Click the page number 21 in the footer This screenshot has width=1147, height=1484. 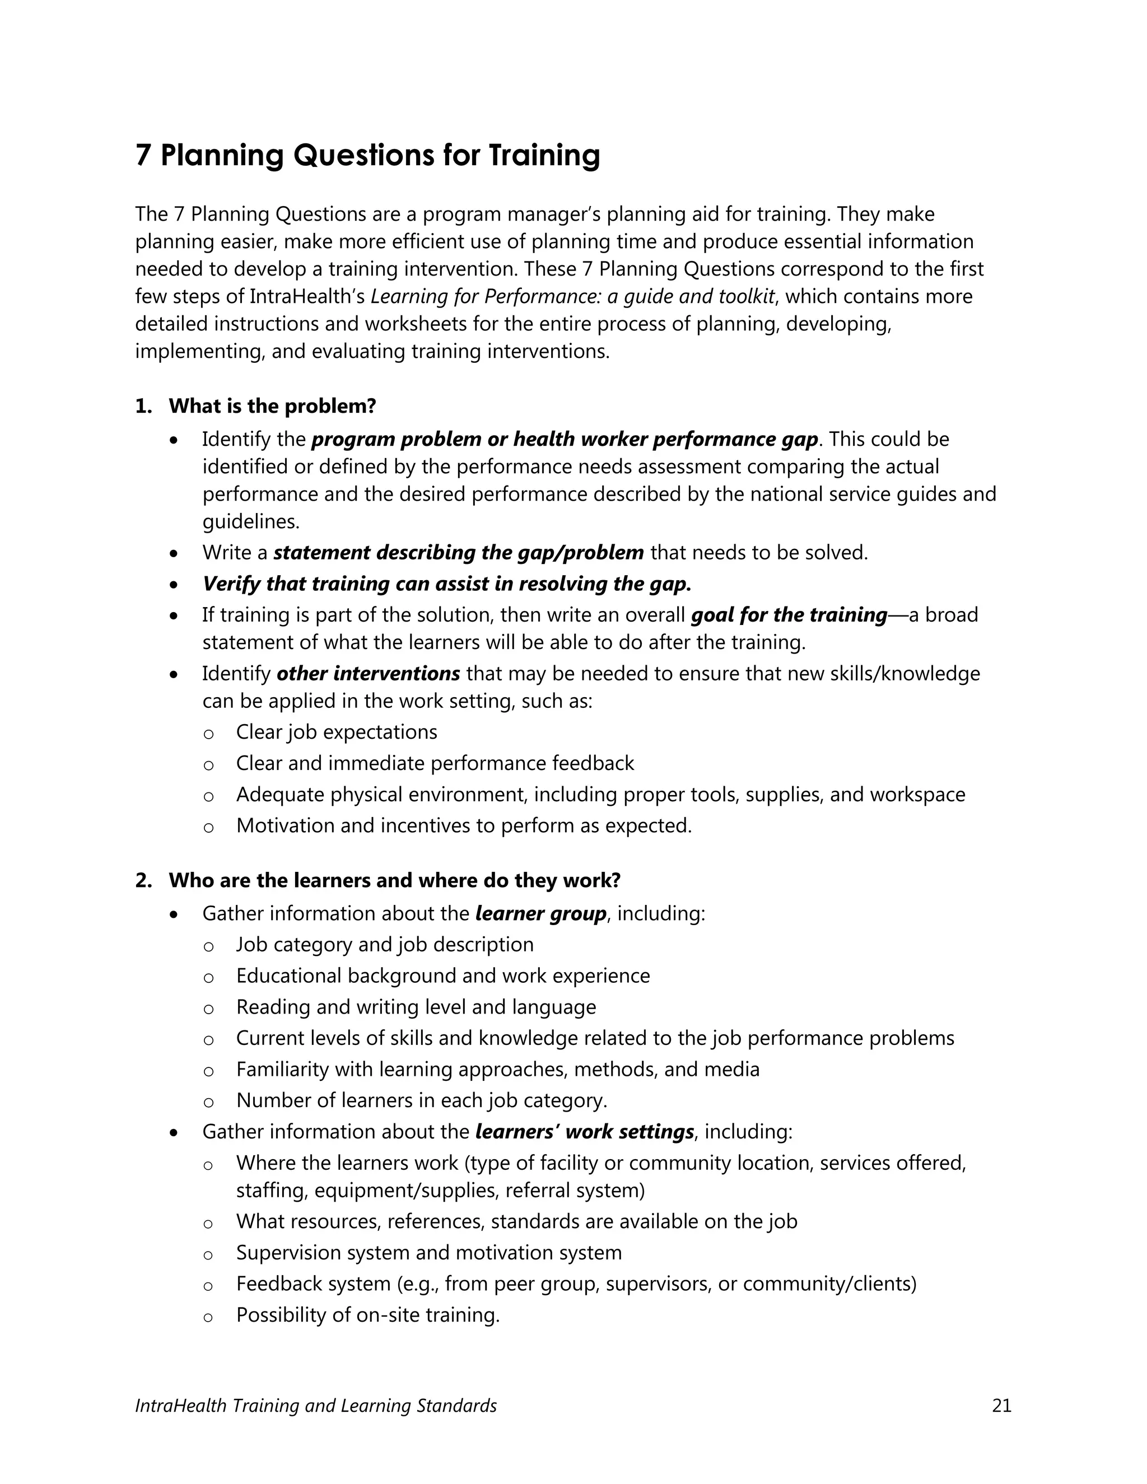[1001, 1406]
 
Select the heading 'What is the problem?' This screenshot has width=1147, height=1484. [272, 407]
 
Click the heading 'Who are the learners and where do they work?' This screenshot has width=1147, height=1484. [394, 881]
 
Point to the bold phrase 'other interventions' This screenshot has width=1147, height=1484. [369, 673]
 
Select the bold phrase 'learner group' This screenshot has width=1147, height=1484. [540, 913]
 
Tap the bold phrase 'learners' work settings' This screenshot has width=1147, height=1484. [584, 1131]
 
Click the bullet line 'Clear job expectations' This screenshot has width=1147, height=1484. [337, 732]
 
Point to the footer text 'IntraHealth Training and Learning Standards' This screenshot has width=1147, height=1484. [316, 1406]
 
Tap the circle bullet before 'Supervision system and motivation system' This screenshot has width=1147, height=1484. [208, 1254]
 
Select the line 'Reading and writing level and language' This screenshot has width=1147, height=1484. [416, 1007]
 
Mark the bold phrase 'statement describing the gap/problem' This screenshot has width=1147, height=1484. [459, 552]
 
